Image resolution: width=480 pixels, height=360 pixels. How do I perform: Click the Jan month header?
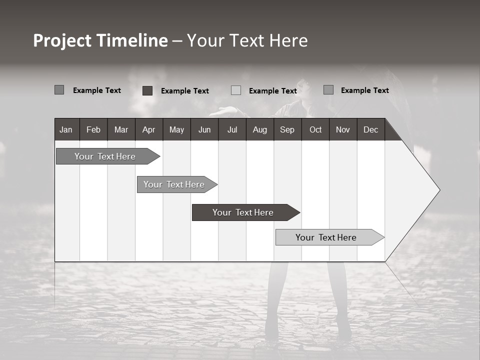click(x=66, y=130)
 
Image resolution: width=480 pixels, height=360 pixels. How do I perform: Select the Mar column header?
click(x=121, y=130)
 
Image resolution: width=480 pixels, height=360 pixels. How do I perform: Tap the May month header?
click(x=176, y=130)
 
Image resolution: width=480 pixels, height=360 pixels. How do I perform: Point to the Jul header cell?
click(x=232, y=130)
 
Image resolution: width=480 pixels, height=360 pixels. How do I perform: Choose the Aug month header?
click(x=259, y=130)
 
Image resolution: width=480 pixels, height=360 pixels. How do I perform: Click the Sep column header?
click(x=287, y=130)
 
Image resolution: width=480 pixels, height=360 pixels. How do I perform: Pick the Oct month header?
click(x=315, y=130)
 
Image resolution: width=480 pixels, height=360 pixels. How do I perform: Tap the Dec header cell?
click(x=370, y=130)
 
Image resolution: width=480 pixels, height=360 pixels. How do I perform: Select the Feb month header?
click(x=93, y=130)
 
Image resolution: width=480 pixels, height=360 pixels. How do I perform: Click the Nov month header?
click(x=342, y=130)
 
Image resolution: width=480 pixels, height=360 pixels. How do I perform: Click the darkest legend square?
click(x=147, y=90)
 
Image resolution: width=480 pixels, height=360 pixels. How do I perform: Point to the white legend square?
click(x=236, y=90)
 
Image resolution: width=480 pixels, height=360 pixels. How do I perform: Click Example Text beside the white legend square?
click(x=272, y=91)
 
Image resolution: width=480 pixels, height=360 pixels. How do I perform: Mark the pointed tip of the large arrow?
click(x=439, y=190)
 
